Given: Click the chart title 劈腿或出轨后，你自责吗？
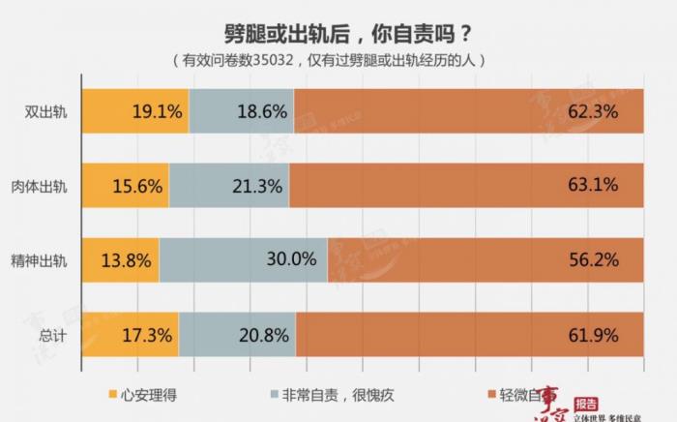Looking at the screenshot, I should point(338,30).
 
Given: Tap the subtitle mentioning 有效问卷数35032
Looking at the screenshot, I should point(338,60).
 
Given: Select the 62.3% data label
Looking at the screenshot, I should point(619,111).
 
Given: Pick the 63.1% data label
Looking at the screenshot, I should point(619,186).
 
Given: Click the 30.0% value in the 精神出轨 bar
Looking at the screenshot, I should point(292,260).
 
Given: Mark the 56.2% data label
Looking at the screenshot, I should point(619,260).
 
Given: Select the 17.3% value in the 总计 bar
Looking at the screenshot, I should point(148,335).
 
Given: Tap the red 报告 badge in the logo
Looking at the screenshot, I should point(585,403).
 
